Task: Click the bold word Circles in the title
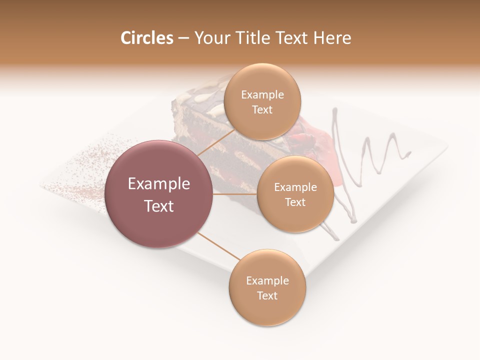pos(146,38)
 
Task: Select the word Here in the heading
pos(332,38)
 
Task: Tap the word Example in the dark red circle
pos(159,184)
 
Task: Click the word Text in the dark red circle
pos(159,206)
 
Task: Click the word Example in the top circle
pos(262,95)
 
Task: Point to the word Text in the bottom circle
pos(267,296)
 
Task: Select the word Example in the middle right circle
pos(295,187)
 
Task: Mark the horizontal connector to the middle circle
pos(235,194)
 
